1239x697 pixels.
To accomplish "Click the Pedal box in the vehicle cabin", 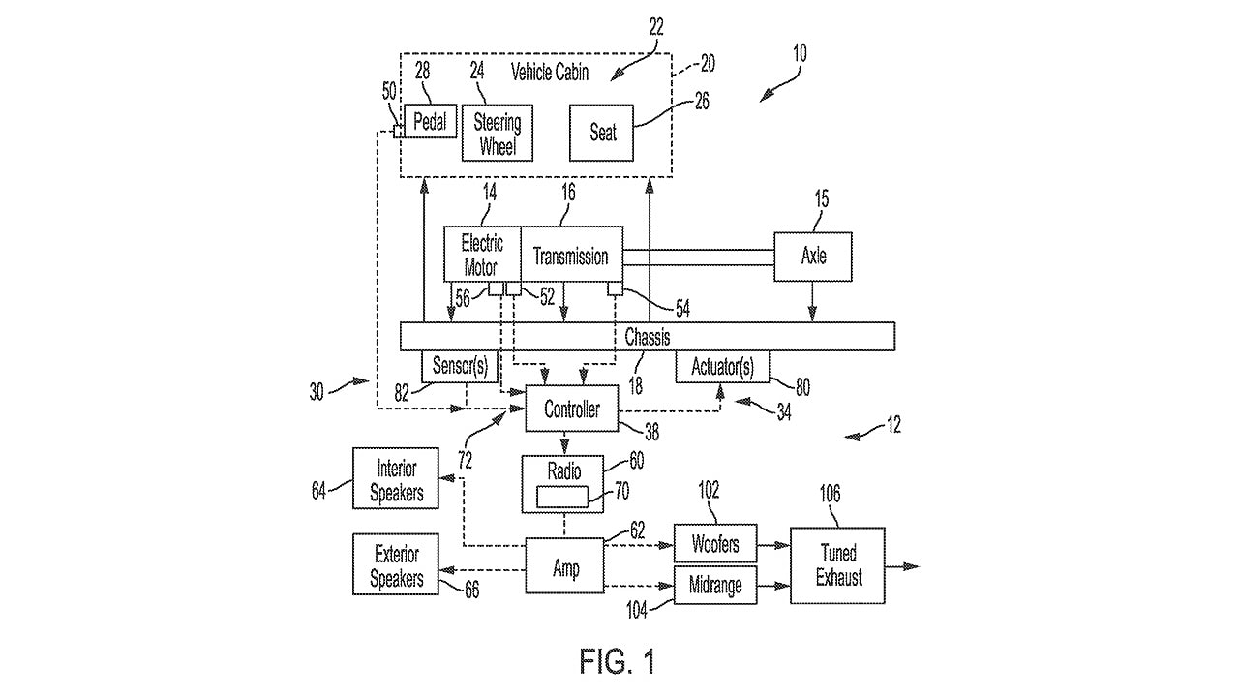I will coord(430,121).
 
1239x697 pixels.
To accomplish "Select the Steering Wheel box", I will coord(498,134).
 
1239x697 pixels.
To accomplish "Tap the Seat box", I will coord(602,132).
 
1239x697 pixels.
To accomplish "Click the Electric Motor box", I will coord(482,256).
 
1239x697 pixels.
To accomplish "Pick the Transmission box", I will coord(571,257).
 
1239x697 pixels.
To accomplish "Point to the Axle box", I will coord(813,257).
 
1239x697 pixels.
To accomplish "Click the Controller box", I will coord(571,409).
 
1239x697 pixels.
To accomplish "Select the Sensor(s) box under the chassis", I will coord(459,367).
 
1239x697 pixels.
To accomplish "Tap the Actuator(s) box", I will coord(721,367).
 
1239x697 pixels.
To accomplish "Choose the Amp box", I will coord(565,566).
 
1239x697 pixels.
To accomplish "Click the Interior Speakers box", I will coord(396,479).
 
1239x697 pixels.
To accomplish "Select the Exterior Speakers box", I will coord(396,565).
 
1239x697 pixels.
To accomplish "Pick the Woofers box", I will coord(715,544).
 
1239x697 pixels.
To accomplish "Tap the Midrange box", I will coord(715,586).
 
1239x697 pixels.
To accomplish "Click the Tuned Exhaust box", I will coord(837,565).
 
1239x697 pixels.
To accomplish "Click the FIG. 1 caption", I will coord(618,662).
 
